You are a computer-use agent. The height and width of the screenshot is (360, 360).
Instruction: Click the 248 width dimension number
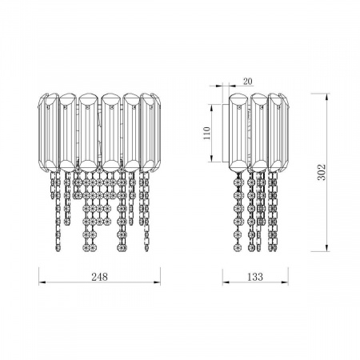coord(99,277)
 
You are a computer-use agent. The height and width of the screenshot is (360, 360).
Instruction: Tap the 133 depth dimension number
coord(255,277)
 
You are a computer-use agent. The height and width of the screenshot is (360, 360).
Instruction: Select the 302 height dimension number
coord(322,172)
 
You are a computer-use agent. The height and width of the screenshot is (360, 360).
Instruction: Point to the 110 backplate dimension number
coord(206,133)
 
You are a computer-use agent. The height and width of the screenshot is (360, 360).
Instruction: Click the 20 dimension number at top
coord(248,82)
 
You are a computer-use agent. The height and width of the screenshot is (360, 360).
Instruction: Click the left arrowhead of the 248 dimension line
coord(42,282)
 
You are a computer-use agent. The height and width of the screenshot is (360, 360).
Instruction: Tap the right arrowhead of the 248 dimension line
coord(157,282)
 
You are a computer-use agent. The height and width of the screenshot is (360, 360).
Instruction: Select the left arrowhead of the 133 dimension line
coord(226,282)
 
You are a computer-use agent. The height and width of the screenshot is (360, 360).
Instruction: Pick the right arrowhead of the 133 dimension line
coord(285,282)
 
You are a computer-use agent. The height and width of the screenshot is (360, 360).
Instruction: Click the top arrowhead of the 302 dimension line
coord(326,97)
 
